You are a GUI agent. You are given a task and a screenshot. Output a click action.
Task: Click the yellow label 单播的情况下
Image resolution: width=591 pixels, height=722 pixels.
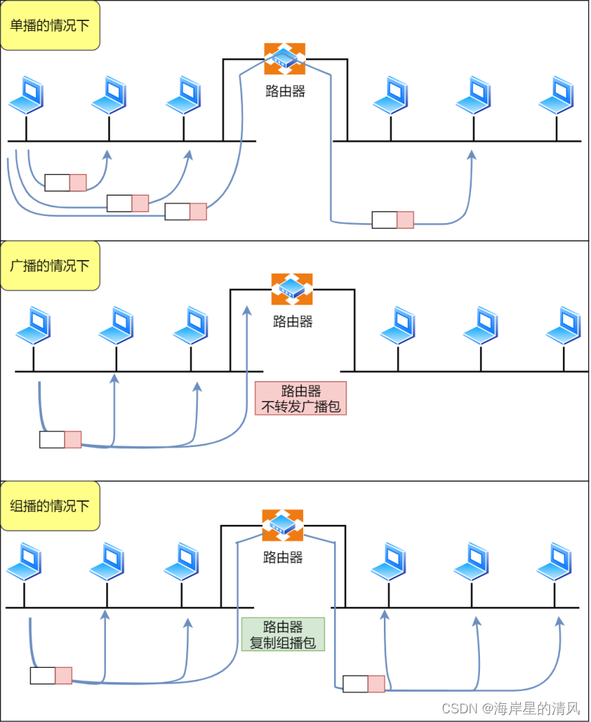[50, 25]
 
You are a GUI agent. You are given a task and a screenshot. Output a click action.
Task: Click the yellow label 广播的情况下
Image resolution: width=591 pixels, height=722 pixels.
[50, 266]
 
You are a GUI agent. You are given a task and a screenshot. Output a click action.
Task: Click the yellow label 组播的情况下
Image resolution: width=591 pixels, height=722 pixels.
[50, 506]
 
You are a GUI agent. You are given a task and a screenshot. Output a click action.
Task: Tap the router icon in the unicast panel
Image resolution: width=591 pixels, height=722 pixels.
[284, 58]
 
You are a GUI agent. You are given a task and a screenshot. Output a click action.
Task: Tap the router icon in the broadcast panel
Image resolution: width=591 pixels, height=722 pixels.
[292, 289]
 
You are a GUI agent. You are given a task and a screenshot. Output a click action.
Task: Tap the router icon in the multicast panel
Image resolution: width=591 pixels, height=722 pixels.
[282, 525]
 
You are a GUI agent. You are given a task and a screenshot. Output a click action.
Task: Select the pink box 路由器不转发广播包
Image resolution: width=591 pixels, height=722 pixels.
[301, 399]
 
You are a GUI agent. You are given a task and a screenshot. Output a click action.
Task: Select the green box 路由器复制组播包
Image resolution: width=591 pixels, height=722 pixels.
[283, 635]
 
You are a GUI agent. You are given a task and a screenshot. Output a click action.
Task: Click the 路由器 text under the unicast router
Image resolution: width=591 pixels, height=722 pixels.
[284, 92]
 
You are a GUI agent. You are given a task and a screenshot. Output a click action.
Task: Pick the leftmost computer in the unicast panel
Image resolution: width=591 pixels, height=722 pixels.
[27, 95]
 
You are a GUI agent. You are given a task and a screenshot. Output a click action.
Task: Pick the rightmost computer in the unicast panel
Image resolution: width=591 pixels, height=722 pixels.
[556, 95]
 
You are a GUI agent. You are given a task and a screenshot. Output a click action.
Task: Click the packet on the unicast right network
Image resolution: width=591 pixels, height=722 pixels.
[393, 219]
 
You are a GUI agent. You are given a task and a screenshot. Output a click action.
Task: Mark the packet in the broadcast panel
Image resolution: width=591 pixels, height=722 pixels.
[61, 439]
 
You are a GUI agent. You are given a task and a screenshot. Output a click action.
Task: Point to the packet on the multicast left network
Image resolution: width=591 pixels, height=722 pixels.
[51, 676]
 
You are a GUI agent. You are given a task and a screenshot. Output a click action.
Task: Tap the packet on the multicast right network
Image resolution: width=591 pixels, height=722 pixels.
[364, 683]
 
